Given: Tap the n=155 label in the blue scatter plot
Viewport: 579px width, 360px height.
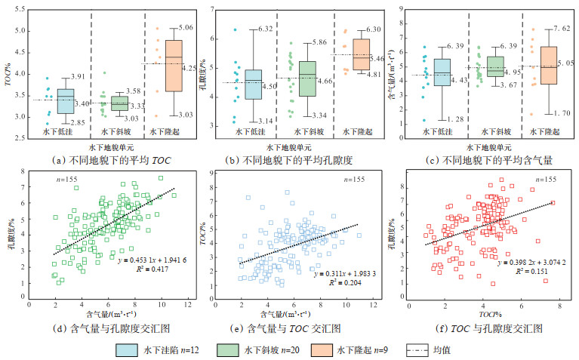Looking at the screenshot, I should tap(351, 179).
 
